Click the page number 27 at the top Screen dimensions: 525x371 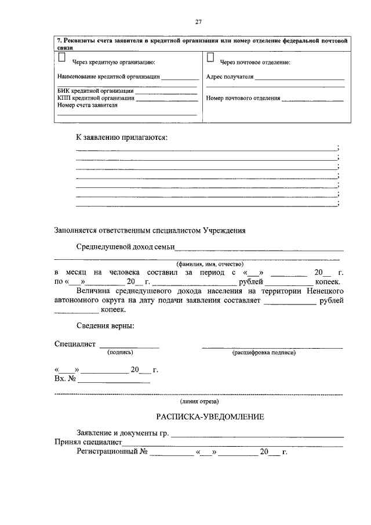click(198, 22)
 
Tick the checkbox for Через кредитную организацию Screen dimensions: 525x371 click(61, 57)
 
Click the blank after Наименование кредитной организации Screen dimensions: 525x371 click(180, 77)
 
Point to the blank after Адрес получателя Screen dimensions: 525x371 click(300, 77)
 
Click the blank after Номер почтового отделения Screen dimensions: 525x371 click(312, 99)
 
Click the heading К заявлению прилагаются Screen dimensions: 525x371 click(122, 138)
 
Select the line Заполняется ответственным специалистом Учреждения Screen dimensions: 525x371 click(150, 230)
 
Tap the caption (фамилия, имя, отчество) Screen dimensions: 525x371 click(198, 263)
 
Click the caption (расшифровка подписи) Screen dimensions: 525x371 click(264, 353)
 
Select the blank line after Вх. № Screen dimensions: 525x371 click(114, 382)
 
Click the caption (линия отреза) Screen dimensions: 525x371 click(199, 401)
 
